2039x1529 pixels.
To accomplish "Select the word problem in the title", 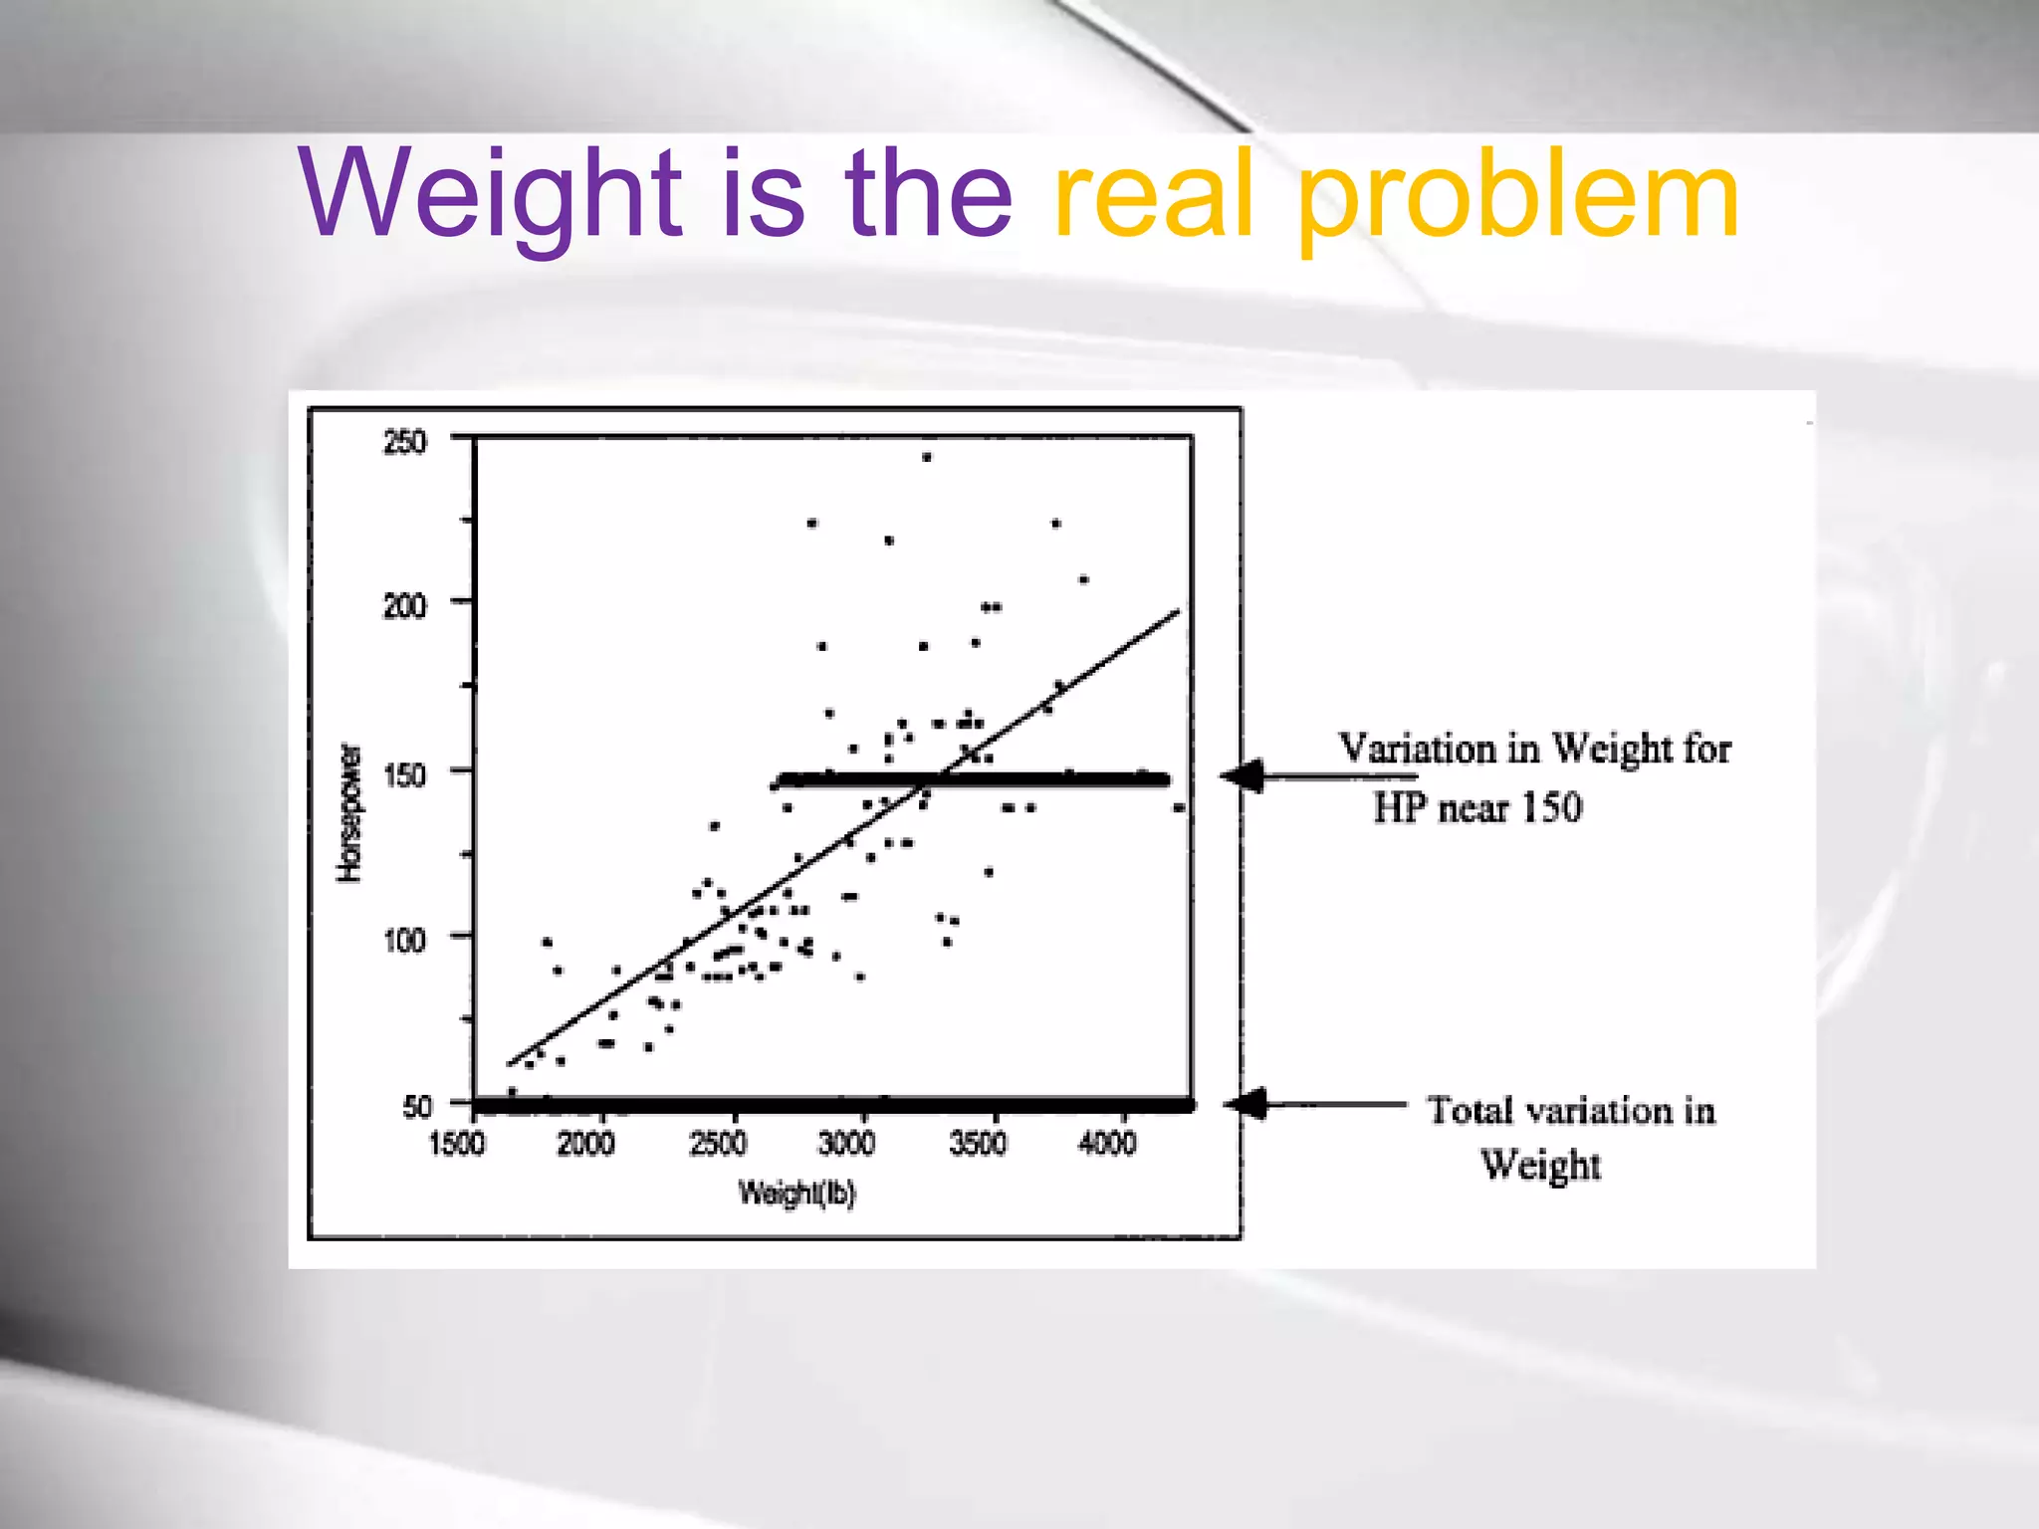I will (1518, 199).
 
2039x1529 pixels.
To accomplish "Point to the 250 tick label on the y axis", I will (404, 442).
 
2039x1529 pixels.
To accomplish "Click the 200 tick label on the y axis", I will (404, 605).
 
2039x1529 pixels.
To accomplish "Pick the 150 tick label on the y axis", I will (404, 773).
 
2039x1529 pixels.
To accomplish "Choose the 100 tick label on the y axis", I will (404, 939).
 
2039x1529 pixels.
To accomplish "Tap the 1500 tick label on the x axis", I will (456, 1144).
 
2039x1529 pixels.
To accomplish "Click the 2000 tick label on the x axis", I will (585, 1144).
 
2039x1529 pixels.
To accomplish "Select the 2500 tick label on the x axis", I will (717, 1144).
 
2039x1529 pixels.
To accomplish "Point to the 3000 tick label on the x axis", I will (846, 1144).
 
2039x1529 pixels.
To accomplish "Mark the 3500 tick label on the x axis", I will (978, 1144).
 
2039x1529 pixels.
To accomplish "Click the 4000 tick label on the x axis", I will (1107, 1144).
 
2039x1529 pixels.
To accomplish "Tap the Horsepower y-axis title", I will (349, 812).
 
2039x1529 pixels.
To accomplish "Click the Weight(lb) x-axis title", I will (796, 1192).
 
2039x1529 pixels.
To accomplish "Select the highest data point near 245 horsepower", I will (926, 458).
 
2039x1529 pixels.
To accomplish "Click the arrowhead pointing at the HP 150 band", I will (1245, 776).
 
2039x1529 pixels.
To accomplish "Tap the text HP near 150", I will (1477, 807).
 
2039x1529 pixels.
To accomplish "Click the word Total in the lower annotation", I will (1471, 1110).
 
